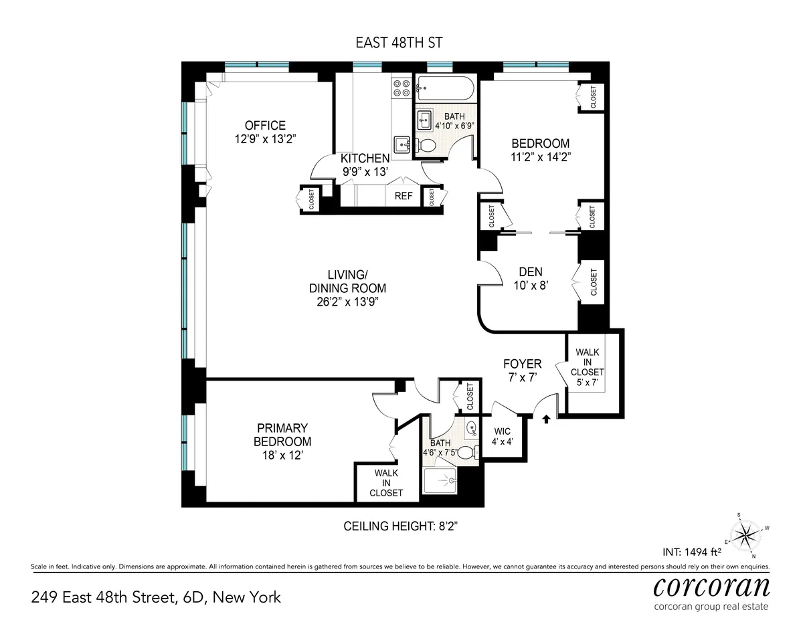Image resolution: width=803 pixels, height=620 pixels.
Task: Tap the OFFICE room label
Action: pyautogui.click(x=265, y=126)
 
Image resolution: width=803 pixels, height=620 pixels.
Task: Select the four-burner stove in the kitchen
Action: pyautogui.click(x=401, y=89)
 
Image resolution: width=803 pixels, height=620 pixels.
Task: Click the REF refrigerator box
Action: pyautogui.click(x=404, y=196)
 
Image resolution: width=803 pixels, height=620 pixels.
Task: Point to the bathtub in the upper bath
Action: pyautogui.click(x=445, y=88)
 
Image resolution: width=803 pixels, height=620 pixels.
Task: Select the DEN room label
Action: pyautogui.click(x=531, y=272)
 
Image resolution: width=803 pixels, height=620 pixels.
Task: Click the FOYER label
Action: pyautogui.click(x=522, y=364)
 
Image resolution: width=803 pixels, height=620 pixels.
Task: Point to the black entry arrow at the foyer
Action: pyautogui.click(x=547, y=419)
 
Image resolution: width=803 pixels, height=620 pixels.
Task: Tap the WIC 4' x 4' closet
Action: pyautogui.click(x=503, y=436)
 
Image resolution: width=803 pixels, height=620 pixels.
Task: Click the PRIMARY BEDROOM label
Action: pyautogui.click(x=282, y=435)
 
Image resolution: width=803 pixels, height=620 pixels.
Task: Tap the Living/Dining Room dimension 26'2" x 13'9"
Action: pyautogui.click(x=347, y=301)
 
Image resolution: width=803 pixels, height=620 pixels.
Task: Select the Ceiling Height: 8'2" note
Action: pyautogui.click(x=400, y=526)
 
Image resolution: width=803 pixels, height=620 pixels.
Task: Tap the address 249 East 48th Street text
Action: pyautogui.click(x=156, y=597)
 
